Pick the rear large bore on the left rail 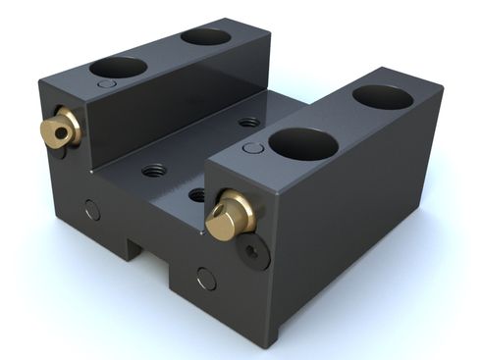coord(205,36)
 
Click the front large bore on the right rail coord(303,144)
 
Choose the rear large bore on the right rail coord(382,96)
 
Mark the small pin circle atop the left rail coord(105,85)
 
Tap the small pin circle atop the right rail coord(252,148)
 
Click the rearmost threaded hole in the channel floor coord(249,124)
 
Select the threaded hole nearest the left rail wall coord(154,170)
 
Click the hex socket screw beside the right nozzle coord(255,254)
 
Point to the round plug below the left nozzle coord(90,209)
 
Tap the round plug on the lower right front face coord(206,279)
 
